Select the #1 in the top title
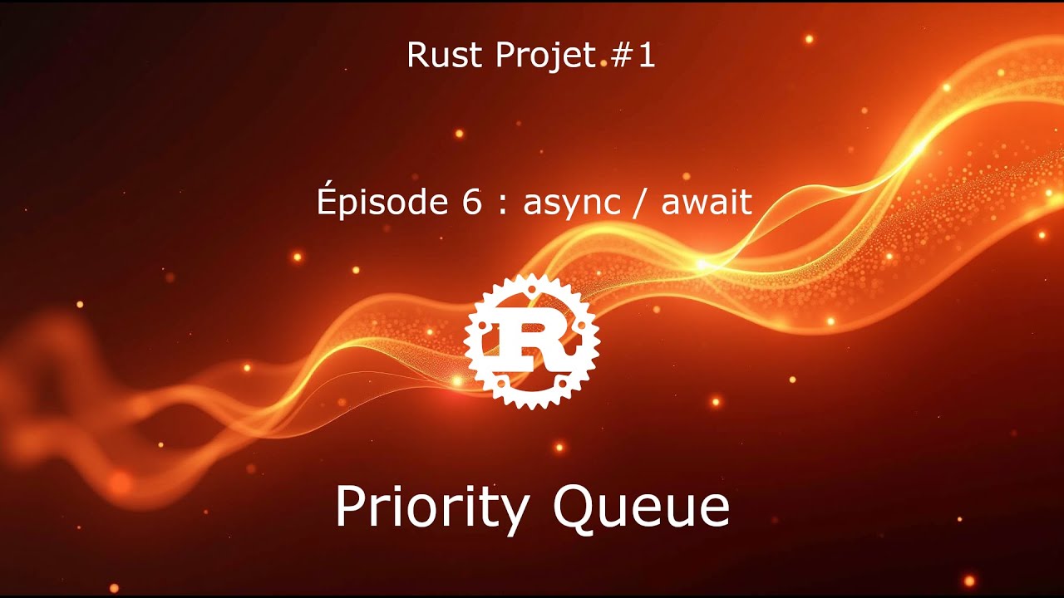pos(635,56)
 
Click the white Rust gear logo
pos(532,341)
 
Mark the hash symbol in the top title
pos(626,56)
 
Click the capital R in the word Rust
pos(416,56)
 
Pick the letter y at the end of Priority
pos(515,513)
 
